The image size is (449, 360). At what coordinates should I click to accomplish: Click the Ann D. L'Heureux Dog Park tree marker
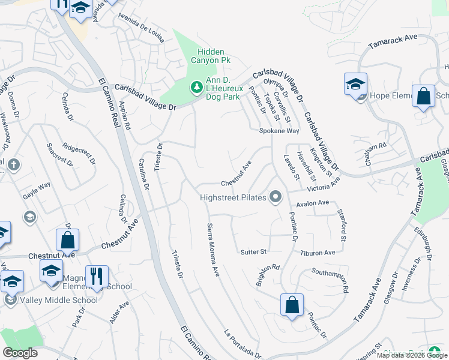[196, 88]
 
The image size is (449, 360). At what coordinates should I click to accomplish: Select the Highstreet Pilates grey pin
[276, 197]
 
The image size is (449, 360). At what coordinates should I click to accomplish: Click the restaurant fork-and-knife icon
[97, 276]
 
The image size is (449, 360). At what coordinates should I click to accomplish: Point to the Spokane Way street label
[279, 131]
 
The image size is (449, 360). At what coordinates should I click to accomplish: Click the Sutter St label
[253, 251]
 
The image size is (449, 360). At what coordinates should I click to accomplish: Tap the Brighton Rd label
[268, 275]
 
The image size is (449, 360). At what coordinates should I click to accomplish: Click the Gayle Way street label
[37, 188]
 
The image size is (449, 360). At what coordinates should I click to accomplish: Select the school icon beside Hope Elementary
[355, 84]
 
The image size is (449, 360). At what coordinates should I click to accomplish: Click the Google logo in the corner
[20, 353]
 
